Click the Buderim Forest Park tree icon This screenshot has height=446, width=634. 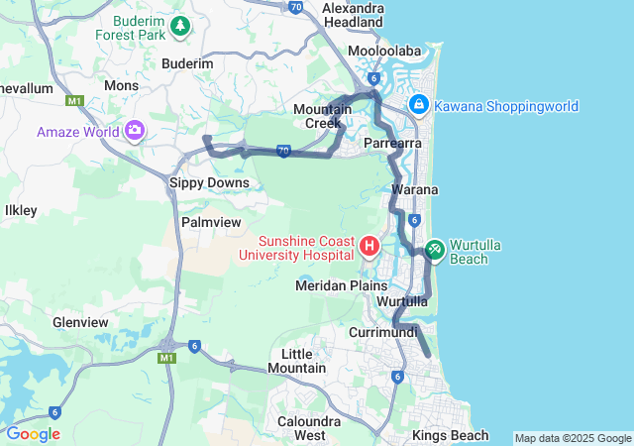(x=180, y=27)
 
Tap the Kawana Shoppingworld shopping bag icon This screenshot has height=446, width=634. (x=419, y=104)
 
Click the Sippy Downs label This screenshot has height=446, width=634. (x=209, y=182)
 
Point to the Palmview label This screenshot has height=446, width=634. (x=211, y=222)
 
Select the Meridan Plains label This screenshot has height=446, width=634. (x=342, y=285)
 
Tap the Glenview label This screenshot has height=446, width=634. (x=80, y=322)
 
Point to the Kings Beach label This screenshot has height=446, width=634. (x=451, y=435)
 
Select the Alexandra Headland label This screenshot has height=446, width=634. (x=352, y=14)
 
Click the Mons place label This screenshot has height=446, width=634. (x=122, y=86)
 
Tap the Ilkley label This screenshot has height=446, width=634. (x=21, y=210)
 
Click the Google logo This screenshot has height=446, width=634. (x=33, y=434)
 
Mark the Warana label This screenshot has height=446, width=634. (x=415, y=188)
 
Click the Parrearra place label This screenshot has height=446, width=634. (x=393, y=144)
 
